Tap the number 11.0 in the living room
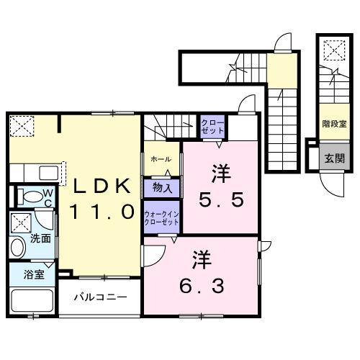pyautogui.click(x=102, y=212)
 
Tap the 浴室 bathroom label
pyautogui.click(x=34, y=274)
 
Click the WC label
pyautogui.click(x=46, y=197)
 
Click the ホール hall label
pyautogui.click(x=161, y=158)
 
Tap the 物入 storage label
pyautogui.click(x=162, y=188)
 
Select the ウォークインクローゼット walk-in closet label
pyautogui.click(x=161, y=217)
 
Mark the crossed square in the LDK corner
pyautogui.click(x=22, y=127)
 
